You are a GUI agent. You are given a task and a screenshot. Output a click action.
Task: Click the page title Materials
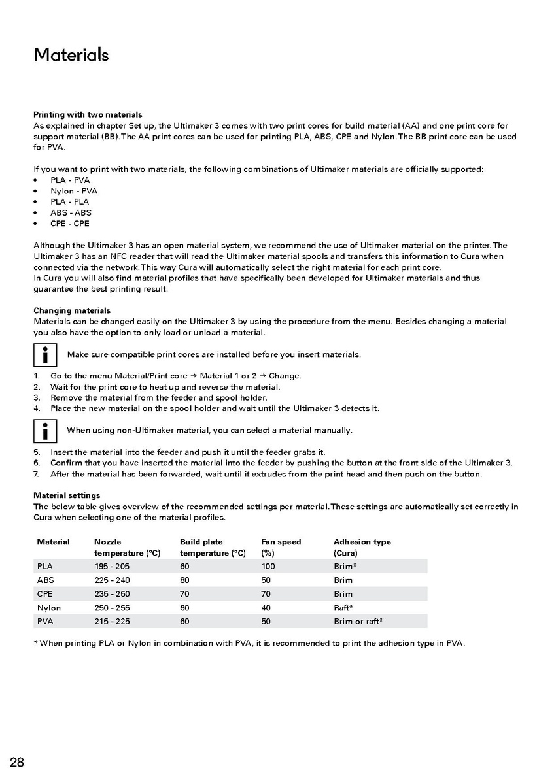pos(71,55)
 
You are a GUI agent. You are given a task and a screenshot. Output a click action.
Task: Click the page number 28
pos(17,762)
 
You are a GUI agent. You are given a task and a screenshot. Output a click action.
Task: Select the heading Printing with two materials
pos(88,114)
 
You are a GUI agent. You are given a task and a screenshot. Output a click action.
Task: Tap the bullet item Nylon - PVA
pos(74,191)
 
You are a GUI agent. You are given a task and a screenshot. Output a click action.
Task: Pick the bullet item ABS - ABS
pos(71,212)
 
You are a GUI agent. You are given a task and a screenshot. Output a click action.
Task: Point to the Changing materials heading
pos(72,310)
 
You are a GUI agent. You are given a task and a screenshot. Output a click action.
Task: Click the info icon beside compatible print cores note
pos(44,355)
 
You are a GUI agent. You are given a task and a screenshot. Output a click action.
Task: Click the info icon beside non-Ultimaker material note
pos(44,431)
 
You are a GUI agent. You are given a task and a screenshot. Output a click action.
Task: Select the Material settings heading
pos(67,495)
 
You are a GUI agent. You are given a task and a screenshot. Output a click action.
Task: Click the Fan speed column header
pos(281,542)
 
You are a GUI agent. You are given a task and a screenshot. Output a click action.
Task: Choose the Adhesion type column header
pos(362,542)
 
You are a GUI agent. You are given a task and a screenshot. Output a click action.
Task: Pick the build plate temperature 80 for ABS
pos(184,580)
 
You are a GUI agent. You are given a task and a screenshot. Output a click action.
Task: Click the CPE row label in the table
pos(45,594)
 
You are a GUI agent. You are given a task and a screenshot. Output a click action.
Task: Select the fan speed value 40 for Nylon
pos(266,608)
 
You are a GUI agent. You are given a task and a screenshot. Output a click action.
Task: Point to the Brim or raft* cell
pos(358,622)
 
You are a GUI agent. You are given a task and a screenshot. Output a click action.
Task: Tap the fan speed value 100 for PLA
pos(268,567)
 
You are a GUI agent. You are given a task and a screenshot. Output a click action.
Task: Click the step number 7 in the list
pos(37,474)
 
